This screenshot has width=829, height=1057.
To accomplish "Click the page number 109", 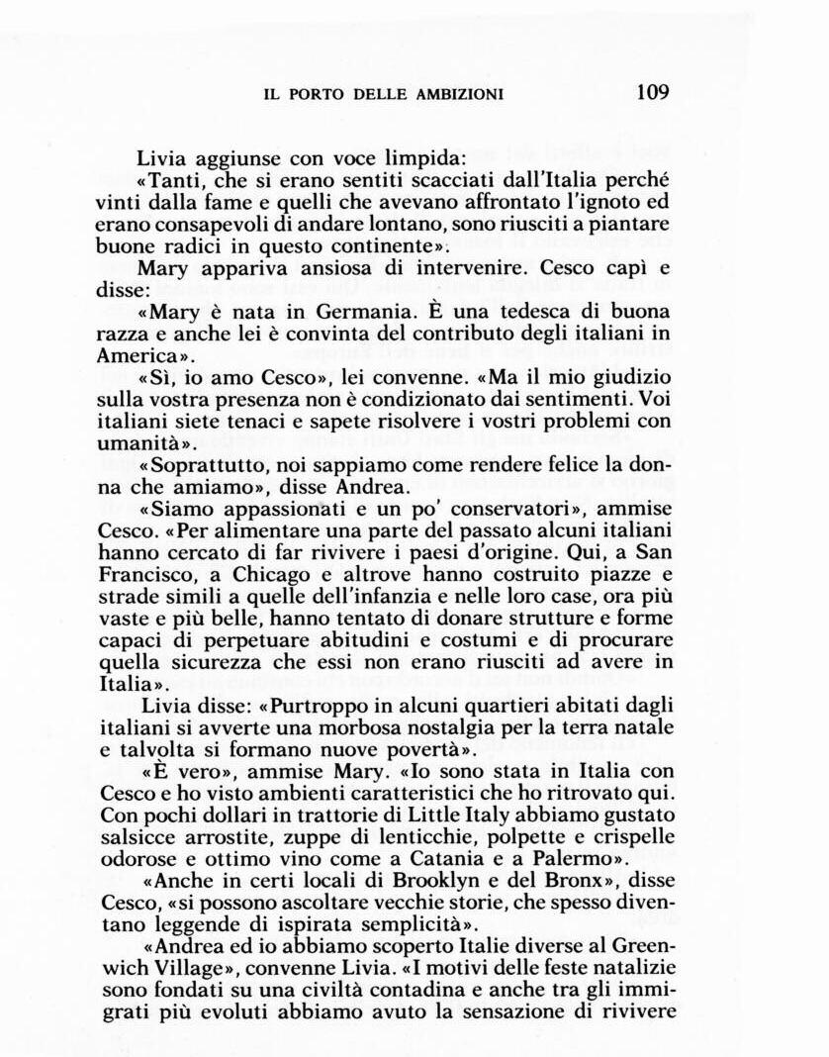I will (x=653, y=92).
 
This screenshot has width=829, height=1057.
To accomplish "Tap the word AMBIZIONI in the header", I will (x=457, y=95).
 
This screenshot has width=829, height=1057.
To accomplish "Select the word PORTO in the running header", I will (x=311, y=95).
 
